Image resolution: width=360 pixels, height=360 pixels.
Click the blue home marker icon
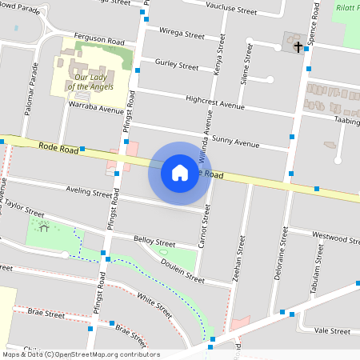(180, 173)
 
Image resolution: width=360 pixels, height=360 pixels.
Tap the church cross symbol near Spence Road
(298, 47)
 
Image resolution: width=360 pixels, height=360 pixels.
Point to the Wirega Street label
(182, 34)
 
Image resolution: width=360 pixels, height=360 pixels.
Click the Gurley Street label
(176, 66)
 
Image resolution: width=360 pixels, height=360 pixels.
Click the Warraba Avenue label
(96, 106)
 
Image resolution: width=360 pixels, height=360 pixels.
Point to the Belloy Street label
(154, 241)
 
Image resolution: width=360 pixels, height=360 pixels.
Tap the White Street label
(154, 305)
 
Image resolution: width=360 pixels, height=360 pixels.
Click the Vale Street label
(332, 330)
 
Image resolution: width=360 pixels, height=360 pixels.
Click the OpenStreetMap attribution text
(80, 354)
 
